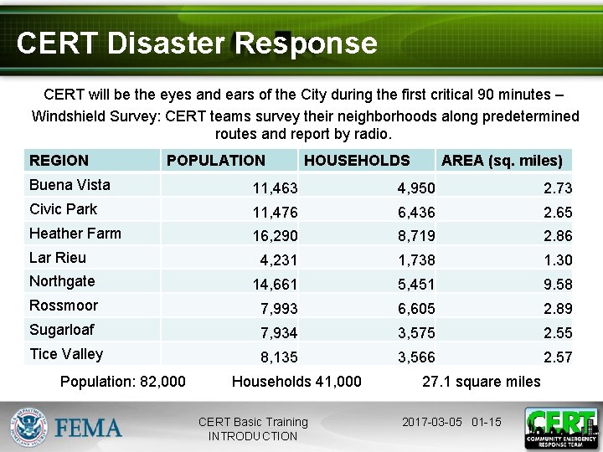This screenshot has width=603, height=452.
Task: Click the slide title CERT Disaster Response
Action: pyautogui.click(x=196, y=43)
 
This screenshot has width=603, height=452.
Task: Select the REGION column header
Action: pyautogui.click(x=59, y=161)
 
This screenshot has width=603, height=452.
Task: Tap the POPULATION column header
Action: pyautogui.click(x=216, y=161)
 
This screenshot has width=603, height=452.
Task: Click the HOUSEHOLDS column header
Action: pyautogui.click(x=357, y=161)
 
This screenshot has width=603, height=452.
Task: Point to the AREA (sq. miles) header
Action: pyautogui.click(x=502, y=161)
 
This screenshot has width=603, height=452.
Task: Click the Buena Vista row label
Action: pyautogui.click(x=70, y=185)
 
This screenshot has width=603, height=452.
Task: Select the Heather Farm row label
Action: pyautogui.click(x=75, y=234)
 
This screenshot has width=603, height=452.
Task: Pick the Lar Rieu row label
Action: pyautogui.click(x=58, y=258)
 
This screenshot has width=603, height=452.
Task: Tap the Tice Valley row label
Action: pyautogui.click(x=66, y=354)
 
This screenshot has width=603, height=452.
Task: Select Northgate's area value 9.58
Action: pyautogui.click(x=558, y=285)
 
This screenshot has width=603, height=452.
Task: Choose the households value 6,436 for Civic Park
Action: pyautogui.click(x=416, y=213)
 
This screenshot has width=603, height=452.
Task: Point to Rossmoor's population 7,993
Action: pyautogui.click(x=279, y=310)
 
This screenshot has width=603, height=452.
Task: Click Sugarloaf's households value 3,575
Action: pyautogui.click(x=416, y=334)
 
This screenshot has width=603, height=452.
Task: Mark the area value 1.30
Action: pyautogui.click(x=558, y=261)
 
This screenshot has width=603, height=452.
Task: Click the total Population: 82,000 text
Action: pyautogui.click(x=123, y=382)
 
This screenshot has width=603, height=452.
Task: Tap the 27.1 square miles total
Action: pyautogui.click(x=482, y=382)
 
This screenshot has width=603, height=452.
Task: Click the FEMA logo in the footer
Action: pyautogui.click(x=67, y=428)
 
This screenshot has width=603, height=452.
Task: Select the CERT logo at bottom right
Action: pyautogui.click(x=560, y=428)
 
